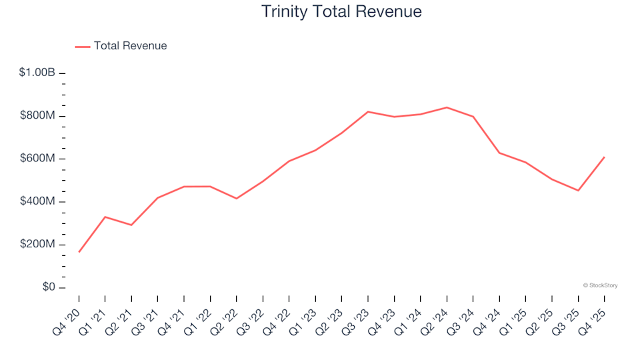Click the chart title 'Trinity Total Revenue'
pos(341,12)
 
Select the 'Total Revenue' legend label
pos(130,46)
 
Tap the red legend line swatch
pos(83,47)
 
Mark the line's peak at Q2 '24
pos(447,107)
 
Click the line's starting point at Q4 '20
pos(79,252)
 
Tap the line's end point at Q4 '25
pos(605,157)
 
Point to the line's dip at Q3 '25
pos(578,191)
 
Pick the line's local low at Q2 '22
pos(237,199)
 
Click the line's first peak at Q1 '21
pos(105,217)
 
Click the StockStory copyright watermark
pos(600,285)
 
